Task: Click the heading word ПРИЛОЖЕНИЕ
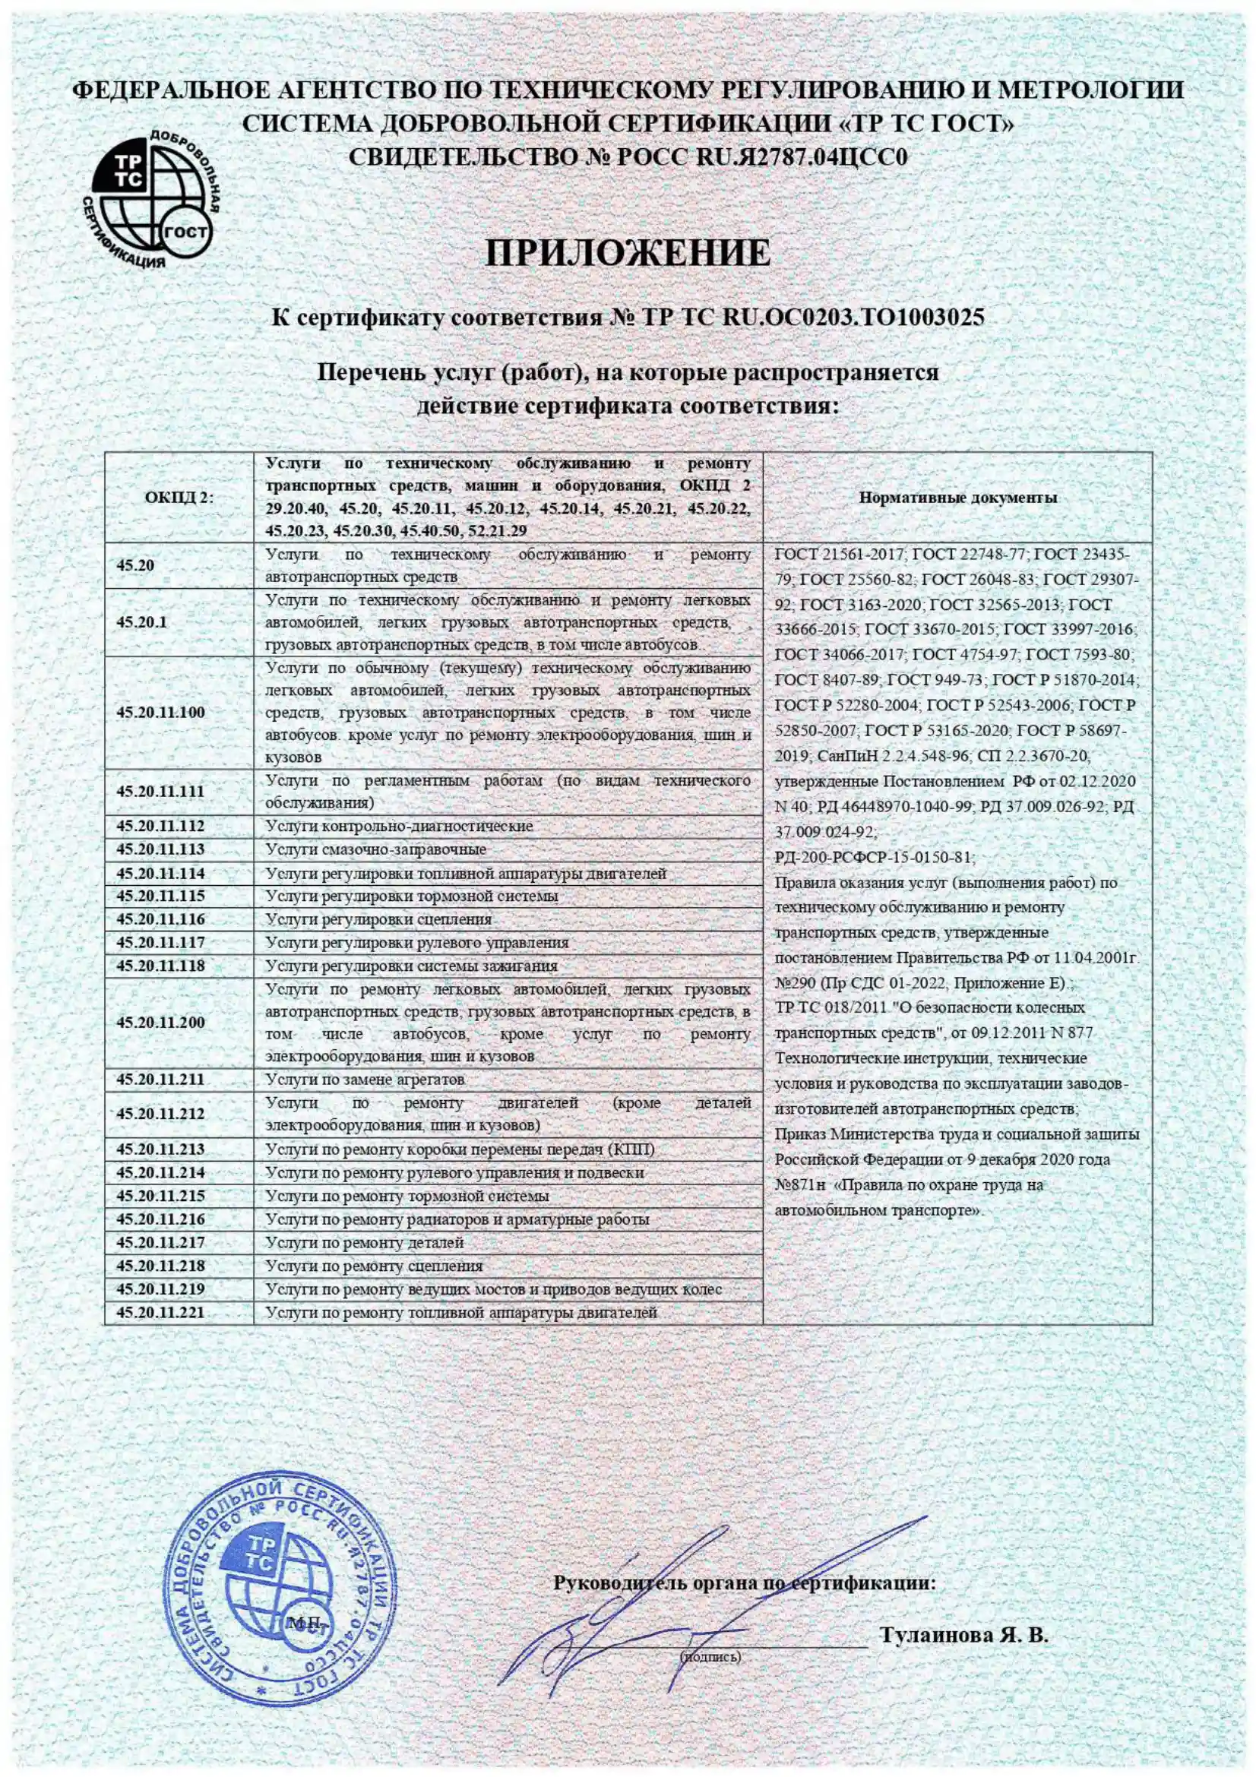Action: pyautogui.click(x=628, y=254)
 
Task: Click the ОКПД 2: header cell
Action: pyautogui.click(x=179, y=498)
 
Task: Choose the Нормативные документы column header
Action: pyautogui.click(x=957, y=498)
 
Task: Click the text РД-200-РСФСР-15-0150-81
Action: pyautogui.click(x=875, y=858)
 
